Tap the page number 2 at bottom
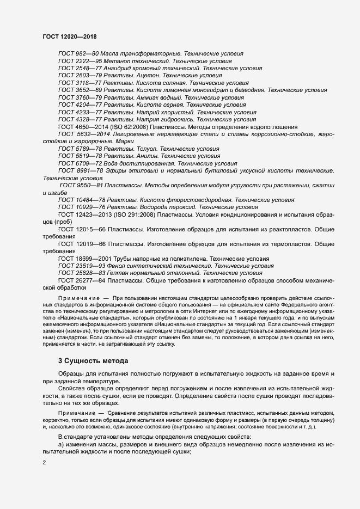(44, 462)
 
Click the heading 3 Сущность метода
(93, 360)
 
